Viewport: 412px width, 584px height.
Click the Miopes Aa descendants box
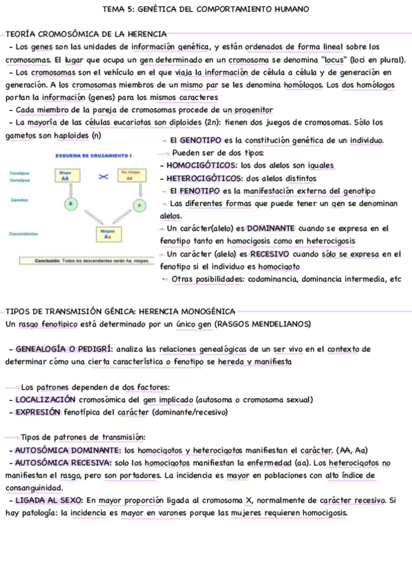pos(107,235)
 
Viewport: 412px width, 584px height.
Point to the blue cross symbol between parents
pos(103,177)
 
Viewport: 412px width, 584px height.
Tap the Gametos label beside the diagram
pos(19,200)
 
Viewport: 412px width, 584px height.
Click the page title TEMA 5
pos(205,9)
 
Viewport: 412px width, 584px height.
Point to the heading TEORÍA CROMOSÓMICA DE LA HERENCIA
pos(85,34)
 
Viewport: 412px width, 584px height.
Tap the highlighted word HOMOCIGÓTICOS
pos(201,165)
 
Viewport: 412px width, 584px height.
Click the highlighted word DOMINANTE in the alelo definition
pos(270,228)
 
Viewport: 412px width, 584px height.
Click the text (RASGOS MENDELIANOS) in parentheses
pos(262,324)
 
